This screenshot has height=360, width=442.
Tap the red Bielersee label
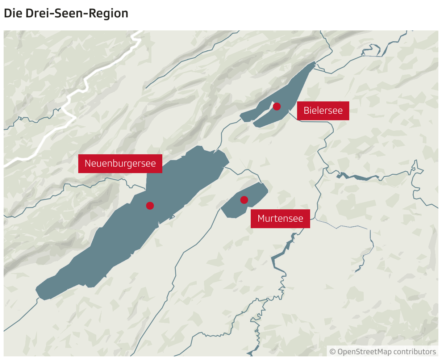(x=323, y=110)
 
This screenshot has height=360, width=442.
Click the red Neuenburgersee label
(x=120, y=163)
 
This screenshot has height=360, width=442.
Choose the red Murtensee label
(x=280, y=218)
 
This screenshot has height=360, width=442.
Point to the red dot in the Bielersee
(x=277, y=106)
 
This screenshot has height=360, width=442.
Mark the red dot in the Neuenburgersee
(x=150, y=206)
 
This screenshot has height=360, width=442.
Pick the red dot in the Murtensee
(x=244, y=200)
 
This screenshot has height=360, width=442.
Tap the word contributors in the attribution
(x=415, y=352)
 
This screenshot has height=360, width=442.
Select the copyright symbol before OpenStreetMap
(x=333, y=352)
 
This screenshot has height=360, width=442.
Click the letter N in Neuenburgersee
(x=87, y=163)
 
